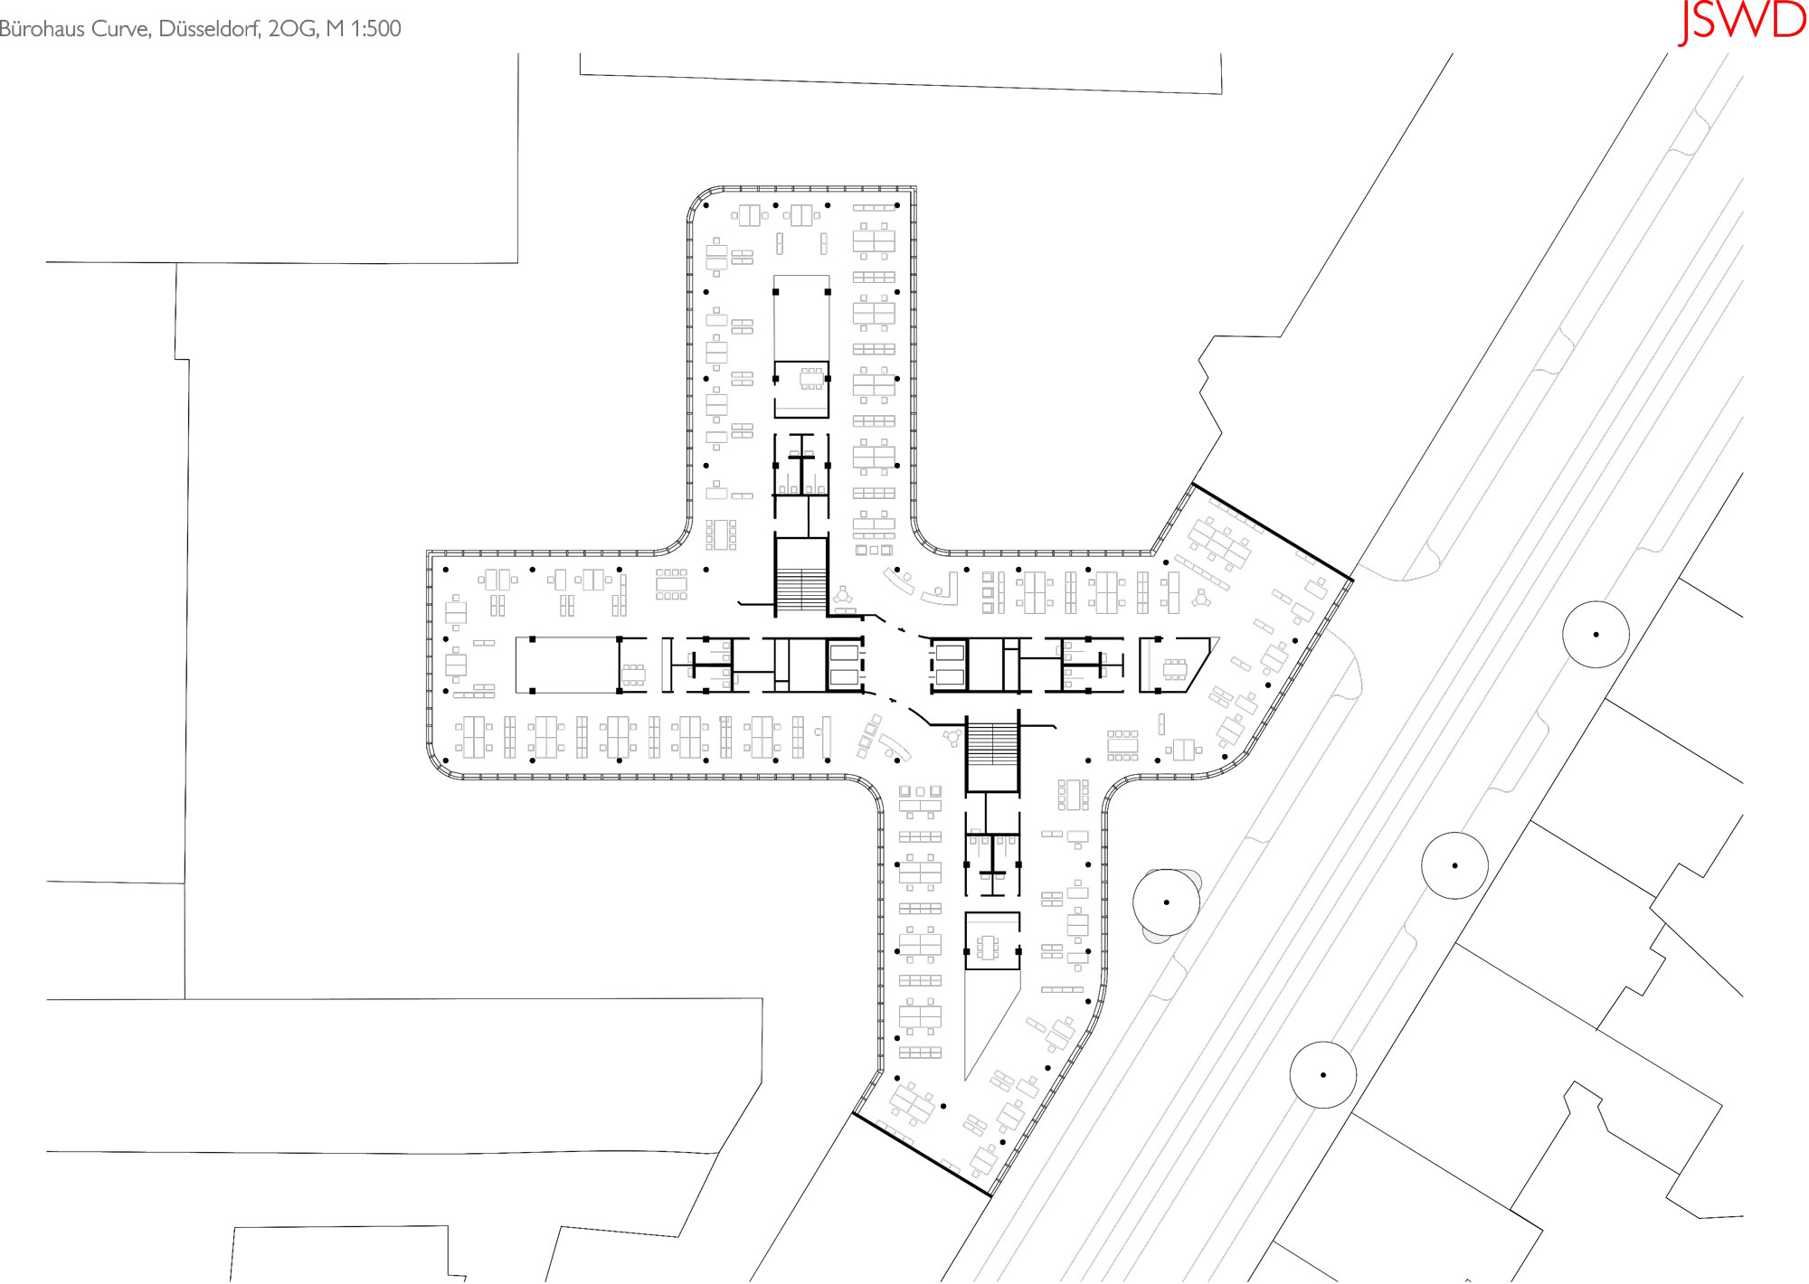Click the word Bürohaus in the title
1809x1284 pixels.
point(42,29)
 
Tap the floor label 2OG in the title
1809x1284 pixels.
point(292,29)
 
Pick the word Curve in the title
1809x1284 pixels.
point(121,29)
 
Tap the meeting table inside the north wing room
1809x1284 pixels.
point(810,379)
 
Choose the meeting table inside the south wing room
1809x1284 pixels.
point(988,948)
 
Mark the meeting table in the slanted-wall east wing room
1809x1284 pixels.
point(1175,669)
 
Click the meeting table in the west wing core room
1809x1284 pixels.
point(633,675)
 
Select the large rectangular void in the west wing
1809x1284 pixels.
point(567,665)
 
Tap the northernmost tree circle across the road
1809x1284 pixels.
point(1596,635)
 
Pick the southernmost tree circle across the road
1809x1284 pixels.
point(1322,1075)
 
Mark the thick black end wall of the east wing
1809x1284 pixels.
point(1273,532)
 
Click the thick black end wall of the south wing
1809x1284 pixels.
point(922,1155)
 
